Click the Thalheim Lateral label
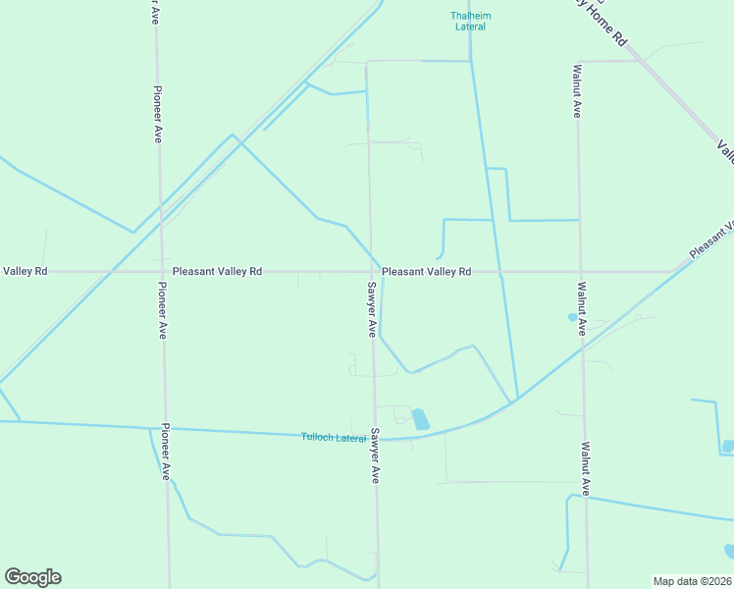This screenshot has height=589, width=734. pos(470,21)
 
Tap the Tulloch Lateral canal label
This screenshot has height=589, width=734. pos(334,437)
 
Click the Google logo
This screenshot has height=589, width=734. pos(32,577)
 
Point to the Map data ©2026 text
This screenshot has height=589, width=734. pos(692,580)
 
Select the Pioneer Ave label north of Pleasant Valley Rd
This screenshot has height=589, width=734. pos(157,114)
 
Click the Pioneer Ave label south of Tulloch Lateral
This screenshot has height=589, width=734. pos(167,452)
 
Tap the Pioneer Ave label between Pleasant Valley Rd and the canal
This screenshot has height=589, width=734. pos(163,310)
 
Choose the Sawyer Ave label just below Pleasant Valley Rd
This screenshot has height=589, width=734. pos(372,309)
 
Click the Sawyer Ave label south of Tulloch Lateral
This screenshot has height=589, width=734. pos(375,455)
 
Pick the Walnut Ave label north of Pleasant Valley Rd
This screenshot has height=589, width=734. pos(578,93)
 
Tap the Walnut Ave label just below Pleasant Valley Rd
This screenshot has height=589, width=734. pos(581,309)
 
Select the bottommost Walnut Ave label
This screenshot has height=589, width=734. pos(585,468)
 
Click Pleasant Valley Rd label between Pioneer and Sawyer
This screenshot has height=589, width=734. pos(217,271)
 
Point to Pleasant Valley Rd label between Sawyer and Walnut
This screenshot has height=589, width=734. pos(426,271)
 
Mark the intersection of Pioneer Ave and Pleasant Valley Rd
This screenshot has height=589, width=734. pos(160,271)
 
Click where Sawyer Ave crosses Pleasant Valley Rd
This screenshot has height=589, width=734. pos(370,271)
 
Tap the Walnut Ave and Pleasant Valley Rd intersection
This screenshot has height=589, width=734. pos(579,271)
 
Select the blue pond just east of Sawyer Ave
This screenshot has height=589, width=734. pos(420,419)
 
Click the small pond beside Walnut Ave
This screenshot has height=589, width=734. pos(572,317)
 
